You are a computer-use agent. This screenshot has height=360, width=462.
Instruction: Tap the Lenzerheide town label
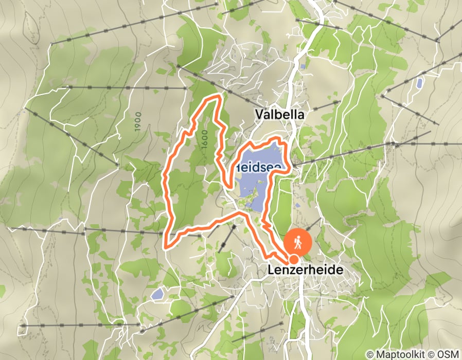pyautogui.click(x=305, y=269)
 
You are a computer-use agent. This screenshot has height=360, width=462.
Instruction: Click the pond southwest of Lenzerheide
pyautogui.click(x=157, y=294)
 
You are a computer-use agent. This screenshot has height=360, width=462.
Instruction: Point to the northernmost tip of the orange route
pyautogui.click(x=219, y=96)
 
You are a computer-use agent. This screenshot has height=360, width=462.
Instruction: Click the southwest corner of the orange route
pyautogui.click(x=166, y=246)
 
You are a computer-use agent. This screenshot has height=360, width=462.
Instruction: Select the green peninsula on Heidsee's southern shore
pyautogui.click(x=250, y=198)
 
